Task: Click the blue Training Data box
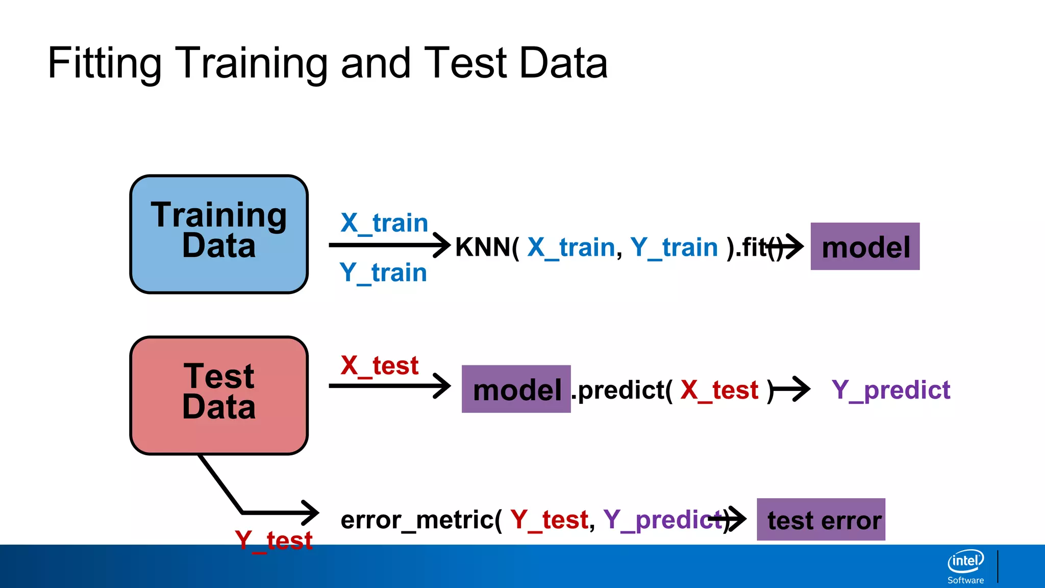[x=219, y=234]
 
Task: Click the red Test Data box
[x=219, y=395]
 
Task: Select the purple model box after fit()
[x=865, y=247]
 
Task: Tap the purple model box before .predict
[x=516, y=389]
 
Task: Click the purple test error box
[x=820, y=520]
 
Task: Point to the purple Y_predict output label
[x=891, y=390]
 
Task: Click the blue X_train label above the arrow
[x=384, y=223]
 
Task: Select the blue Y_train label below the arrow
[x=383, y=273]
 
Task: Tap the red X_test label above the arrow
[x=379, y=366]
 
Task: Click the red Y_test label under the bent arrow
[x=273, y=540]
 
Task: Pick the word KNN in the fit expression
[x=482, y=248]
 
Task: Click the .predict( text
[x=623, y=390]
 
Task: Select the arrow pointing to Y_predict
[x=792, y=390]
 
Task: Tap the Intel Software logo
[x=965, y=566]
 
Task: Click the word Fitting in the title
[x=105, y=63]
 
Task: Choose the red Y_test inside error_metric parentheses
[x=549, y=520]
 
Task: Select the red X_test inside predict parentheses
[x=719, y=390]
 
